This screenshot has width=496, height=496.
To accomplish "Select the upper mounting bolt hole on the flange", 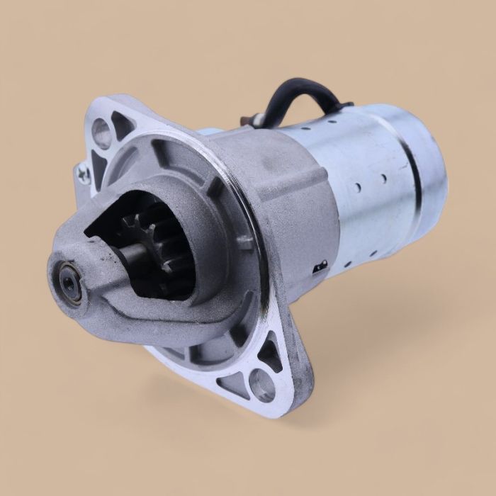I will pos(101,133).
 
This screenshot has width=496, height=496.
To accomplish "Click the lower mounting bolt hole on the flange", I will pos(263,385).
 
